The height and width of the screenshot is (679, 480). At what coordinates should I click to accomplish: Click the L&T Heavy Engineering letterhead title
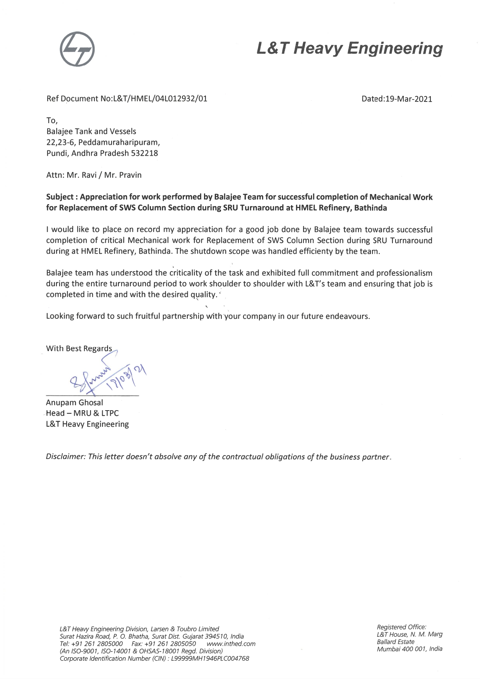coord(349,48)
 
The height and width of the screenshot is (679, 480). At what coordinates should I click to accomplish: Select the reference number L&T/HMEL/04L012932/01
coord(159,99)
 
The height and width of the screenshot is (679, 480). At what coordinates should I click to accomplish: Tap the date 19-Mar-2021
coord(408,99)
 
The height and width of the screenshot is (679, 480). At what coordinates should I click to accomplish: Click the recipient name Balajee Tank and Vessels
coord(91,131)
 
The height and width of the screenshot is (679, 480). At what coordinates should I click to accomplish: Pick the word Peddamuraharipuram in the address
coord(119,142)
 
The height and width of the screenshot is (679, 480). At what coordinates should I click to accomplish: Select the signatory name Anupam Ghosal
coord(74,402)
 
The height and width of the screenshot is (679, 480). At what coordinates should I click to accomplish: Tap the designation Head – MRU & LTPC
coord(82,413)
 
